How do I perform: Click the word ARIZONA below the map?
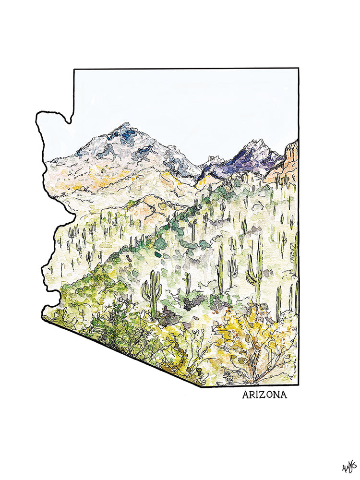click(264, 395)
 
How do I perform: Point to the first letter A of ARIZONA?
click(246, 395)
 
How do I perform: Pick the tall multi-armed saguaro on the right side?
click(254, 271)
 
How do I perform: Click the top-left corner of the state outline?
click(74, 69)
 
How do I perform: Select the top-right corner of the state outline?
click(298, 69)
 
